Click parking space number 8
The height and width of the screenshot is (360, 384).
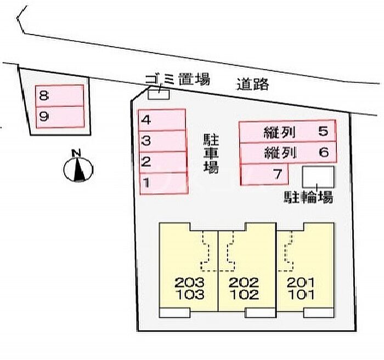point(59,96)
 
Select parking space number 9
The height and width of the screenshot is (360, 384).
point(60,117)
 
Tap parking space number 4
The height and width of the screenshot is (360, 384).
point(162,120)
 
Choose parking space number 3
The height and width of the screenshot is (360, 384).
point(162,141)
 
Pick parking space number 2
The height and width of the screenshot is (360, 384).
point(163,162)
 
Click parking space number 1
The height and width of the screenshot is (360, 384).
point(164,184)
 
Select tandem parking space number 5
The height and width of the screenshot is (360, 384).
point(287,132)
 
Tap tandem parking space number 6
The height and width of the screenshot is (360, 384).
point(288,153)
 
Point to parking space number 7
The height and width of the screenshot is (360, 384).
point(264,174)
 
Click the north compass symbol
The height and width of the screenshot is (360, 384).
point(78,167)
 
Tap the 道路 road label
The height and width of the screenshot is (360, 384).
point(253,84)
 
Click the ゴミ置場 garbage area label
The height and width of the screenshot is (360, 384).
point(178,79)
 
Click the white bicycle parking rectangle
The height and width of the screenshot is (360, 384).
point(318,177)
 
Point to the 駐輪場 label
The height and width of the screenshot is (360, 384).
point(308,197)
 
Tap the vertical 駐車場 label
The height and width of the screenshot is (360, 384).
point(211,153)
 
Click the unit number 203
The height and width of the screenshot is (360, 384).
point(189,283)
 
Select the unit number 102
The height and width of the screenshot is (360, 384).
point(244,294)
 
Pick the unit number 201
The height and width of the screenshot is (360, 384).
point(301,283)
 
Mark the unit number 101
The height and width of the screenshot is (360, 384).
point(301,294)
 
